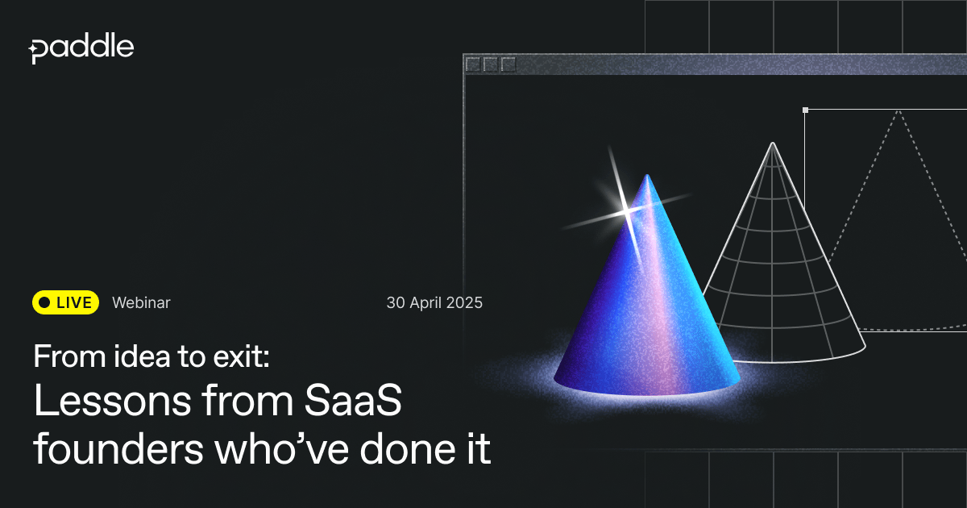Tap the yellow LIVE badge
(x=65, y=302)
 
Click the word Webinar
(x=141, y=303)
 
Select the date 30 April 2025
(x=434, y=303)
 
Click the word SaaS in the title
(x=353, y=401)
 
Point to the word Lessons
(x=112, y=401)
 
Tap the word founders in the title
(x=118, y=449)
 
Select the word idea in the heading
(x=142, y=356)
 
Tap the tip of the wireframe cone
(x=772, y=143)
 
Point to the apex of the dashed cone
(x=899, y=111)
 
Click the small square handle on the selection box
(x=805, y=110)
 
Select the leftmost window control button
(x=473, y=65)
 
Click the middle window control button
(x=491, y=65)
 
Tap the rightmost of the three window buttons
(x=508, y=65)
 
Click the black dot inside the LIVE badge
(x=44, y=303)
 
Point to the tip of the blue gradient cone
(x=647, y=175)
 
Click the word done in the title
(x=407, y=449)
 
